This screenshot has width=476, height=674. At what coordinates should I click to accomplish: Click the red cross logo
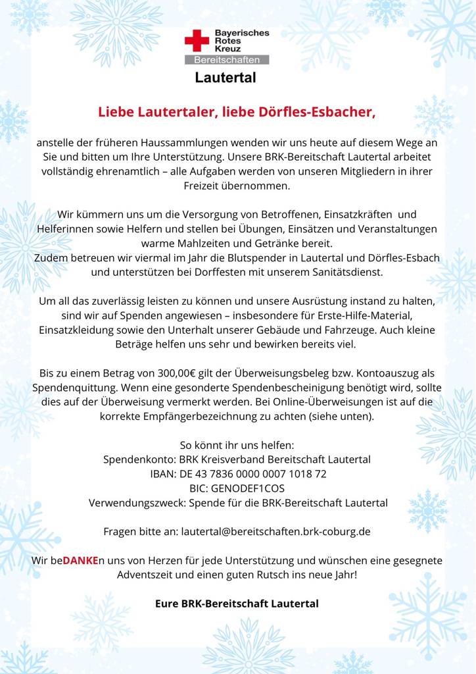pos(196,41)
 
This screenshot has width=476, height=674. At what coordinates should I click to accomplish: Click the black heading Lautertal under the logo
pos(225,78)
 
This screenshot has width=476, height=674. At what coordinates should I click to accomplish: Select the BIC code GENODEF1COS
pos(258,488)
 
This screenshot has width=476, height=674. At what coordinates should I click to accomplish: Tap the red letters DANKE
pos(80,561)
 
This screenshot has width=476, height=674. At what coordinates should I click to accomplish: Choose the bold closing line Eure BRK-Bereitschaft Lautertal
pos(237,603)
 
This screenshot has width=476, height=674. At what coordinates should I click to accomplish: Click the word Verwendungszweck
pos(137,503)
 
